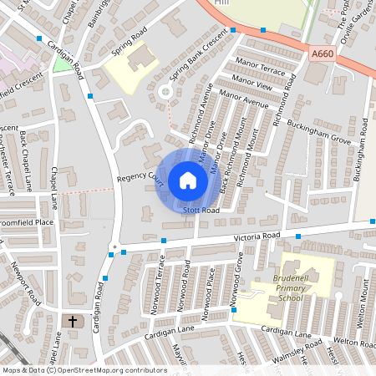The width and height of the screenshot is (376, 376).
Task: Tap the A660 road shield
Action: click(x=322, y=54)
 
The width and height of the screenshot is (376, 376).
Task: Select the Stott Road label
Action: click(x=201, y=211)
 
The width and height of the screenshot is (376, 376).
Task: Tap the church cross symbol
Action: click(x=72, y=321)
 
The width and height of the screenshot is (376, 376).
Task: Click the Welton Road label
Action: click(x=351, y=341)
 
